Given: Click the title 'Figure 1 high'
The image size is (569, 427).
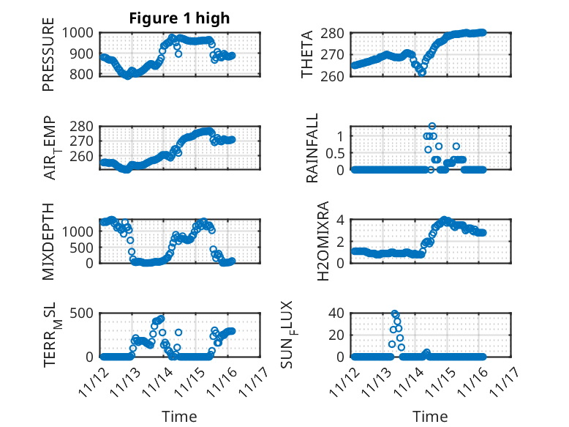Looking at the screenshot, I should (x=179, y=18).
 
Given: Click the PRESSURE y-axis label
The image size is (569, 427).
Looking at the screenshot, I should (x=48, y=59).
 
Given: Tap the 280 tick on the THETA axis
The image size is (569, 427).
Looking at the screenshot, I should (x=334, y=33).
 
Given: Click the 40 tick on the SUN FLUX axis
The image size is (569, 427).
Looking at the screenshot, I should (x=335, y=313).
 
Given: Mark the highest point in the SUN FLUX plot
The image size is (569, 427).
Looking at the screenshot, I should (x=395, y=313).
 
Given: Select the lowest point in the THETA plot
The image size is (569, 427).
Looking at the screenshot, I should (x=422, y=73).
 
